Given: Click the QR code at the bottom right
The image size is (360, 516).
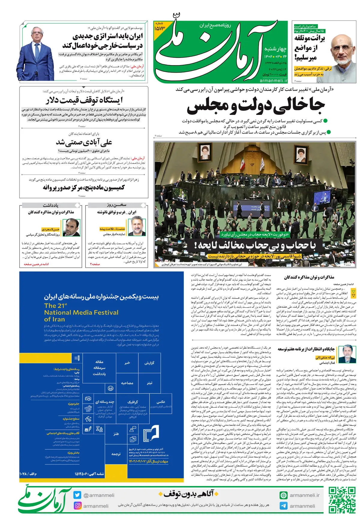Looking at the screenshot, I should (342, 500).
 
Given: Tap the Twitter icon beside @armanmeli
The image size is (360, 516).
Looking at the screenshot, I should (77, 495).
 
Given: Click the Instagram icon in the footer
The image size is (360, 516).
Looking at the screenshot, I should (77, 506).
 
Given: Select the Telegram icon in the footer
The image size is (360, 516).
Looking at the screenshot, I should (283, 506).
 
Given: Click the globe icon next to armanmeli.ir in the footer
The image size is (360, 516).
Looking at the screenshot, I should (283, 495).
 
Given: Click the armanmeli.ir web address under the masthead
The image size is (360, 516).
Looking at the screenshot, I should (273, 80).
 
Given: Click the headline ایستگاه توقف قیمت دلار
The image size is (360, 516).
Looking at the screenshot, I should (84, 100).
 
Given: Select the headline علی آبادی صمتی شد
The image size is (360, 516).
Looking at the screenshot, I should (84, 142).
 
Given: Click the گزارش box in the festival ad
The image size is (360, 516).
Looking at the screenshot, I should (149, 363).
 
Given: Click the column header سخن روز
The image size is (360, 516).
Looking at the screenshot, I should (116, 205).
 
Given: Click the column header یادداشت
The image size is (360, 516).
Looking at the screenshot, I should (50, 205).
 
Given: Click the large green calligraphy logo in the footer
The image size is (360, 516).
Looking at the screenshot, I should (45, 500).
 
